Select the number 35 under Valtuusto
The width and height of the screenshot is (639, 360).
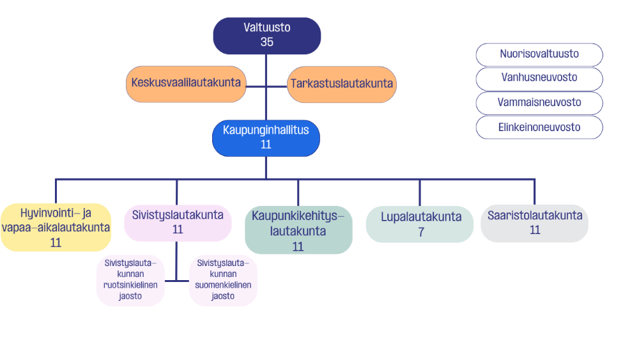[267, 42]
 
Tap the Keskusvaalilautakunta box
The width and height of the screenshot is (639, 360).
[186, 84]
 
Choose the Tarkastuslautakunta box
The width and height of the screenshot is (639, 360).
[342, 84]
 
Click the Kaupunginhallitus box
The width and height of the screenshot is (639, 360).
[266, 137]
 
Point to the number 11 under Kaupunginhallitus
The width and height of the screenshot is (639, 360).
[266, 145]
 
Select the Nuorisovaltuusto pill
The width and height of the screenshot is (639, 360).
[539, 54]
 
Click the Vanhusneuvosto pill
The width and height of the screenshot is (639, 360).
[539, 78]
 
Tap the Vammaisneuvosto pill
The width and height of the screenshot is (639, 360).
[539, 102]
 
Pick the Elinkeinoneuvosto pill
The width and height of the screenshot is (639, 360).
[539, 127]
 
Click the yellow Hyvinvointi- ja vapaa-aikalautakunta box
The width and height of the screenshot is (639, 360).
[56, 228]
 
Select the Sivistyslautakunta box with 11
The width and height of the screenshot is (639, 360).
[178, 223]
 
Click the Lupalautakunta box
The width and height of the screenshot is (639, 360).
[420, 224]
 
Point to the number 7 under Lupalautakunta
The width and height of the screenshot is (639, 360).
[421, 232]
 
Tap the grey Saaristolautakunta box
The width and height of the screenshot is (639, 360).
[535, 223]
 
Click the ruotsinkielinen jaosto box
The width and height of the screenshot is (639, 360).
[130, 279]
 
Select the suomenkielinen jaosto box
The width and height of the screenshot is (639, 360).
[224, 279]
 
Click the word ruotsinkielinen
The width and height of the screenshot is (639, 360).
[130, 285]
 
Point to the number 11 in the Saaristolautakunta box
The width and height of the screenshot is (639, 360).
[535, 230]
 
